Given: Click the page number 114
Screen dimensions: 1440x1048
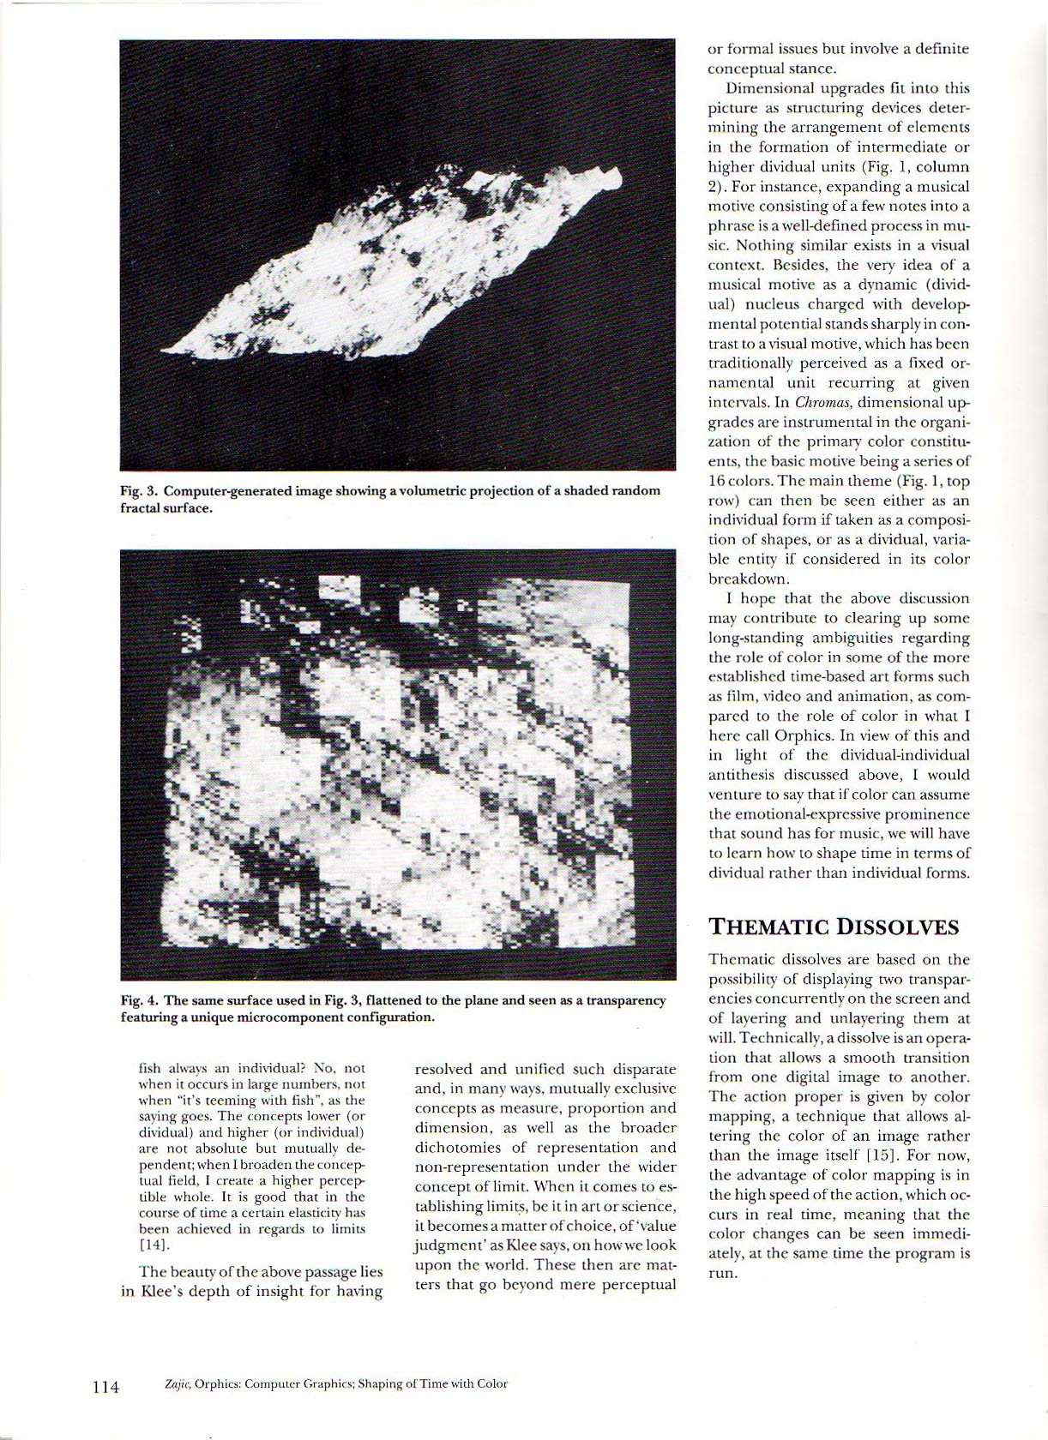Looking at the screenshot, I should [x=105, y=1385].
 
